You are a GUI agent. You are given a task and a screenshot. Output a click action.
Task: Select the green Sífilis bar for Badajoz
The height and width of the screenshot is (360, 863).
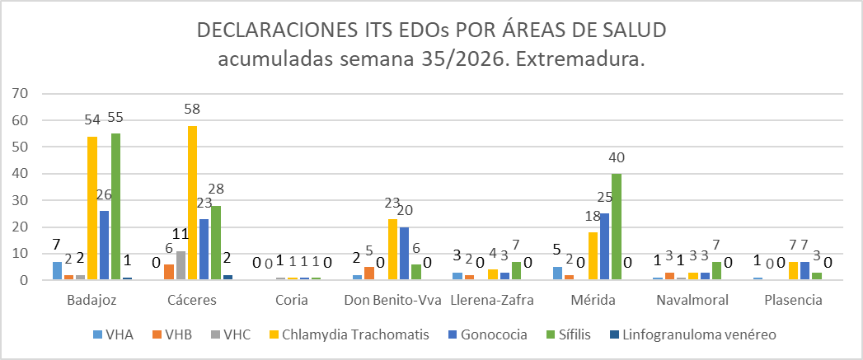point(115,207)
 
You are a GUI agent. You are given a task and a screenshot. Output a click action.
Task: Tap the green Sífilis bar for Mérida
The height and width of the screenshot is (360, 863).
point(617,227)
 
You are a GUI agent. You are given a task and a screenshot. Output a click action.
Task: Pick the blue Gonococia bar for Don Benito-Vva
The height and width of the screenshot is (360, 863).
point(405,253)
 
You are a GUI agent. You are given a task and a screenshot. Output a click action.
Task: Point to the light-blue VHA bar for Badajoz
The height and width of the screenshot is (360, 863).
point(57,271)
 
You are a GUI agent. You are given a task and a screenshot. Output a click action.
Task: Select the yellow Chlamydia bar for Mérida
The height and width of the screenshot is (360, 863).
point(593,256)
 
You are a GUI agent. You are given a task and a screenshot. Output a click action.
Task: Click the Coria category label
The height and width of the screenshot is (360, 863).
point(293,301)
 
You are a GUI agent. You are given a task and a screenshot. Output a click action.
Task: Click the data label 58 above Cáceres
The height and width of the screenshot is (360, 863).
point(193,109)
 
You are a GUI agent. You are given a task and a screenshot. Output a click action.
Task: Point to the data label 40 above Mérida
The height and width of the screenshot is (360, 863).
point(617,158)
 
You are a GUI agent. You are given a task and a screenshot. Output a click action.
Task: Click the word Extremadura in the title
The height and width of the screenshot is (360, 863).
point(583,59)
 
